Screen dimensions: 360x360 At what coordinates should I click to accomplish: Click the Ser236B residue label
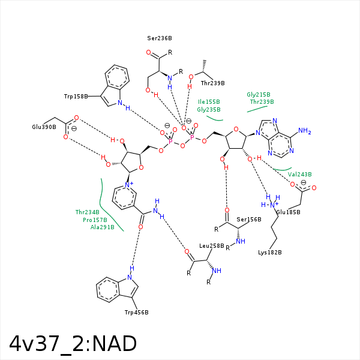(160, 38)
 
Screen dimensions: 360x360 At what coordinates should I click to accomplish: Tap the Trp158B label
(76, 96)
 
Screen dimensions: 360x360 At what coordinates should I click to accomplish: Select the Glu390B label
(44, 127)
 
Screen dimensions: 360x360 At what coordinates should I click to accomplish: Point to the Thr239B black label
(212, 83)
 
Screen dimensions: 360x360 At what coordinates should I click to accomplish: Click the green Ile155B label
(209, 101)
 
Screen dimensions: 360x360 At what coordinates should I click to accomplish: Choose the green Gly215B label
(259, 94)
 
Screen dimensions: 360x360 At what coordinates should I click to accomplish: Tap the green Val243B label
(300, 174)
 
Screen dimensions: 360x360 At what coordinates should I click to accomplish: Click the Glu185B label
(289, 212)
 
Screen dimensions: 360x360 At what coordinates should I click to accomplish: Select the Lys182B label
(270, 251)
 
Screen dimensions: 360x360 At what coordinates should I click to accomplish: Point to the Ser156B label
(249, 219)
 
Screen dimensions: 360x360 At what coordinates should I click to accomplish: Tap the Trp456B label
(136, 312)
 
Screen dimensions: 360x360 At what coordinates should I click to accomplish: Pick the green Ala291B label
(103, 227)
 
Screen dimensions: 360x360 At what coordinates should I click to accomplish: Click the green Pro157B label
(95, 220)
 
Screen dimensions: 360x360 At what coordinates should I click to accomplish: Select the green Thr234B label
(88, 212)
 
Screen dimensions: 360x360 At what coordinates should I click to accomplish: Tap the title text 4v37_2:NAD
(73, 343)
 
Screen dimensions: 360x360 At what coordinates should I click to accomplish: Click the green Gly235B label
(209, 109)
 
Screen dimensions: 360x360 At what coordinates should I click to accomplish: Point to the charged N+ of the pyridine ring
(128, 185)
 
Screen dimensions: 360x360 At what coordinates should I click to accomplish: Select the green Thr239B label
(262, 101)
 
